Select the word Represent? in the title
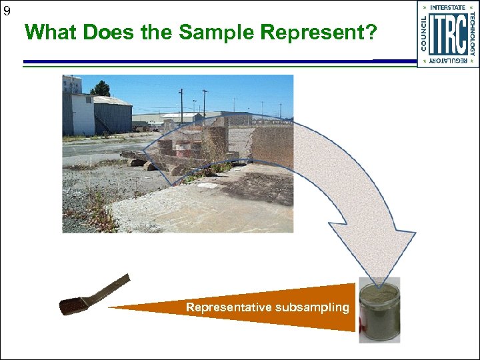pyautogui.click(x=317, y=31)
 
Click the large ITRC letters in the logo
pyautogui.click(x=447, y=34)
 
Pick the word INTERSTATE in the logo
pyautogui.click(x=448, y=8)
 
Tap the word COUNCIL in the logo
pyautogui.click(x=425, y=34)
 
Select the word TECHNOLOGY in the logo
pyautogui.click(x=471, y=34)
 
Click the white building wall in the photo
pyautogui.click(x=83, y=115)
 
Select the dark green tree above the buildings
pyautogui.click(x=101, y=88)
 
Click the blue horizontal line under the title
pyautogui.click(x=200, y=62)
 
